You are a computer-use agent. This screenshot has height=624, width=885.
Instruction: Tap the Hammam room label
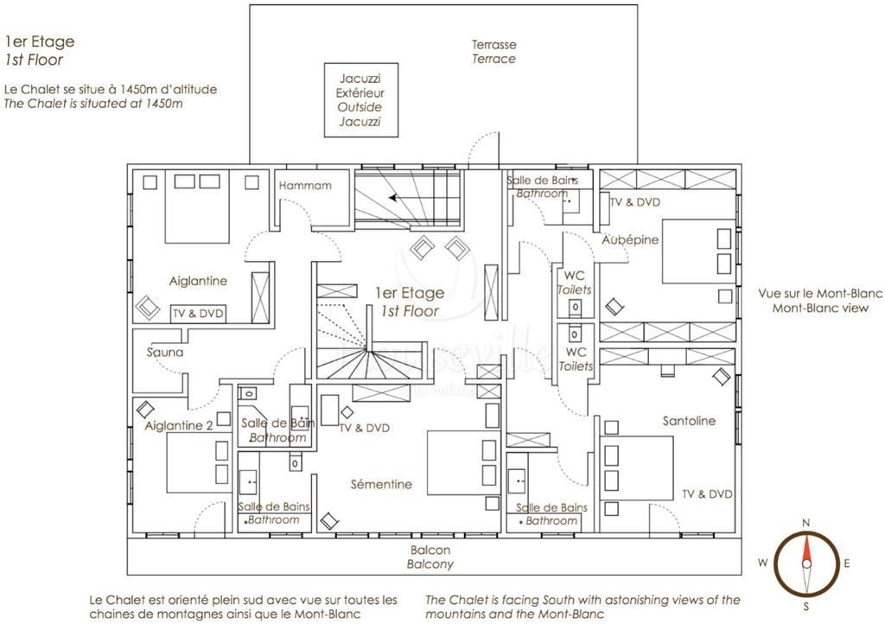[x=304, y=185]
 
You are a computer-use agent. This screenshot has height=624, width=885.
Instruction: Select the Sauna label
[x=165, y=353]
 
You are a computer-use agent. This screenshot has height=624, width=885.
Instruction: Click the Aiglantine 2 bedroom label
[x=179, y=425]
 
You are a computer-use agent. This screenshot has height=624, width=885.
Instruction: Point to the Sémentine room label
[x=381, y=484]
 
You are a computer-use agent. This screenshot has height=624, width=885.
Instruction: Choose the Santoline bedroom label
[x=689, y=421]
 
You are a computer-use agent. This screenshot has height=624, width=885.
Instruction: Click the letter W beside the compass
[x=763, y=563]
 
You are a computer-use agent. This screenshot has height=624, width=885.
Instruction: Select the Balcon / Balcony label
[x=430, y=557]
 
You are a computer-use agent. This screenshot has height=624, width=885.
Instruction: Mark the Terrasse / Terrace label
[x=493, y=51]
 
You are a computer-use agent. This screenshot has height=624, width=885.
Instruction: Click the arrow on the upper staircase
[x=394, y=197]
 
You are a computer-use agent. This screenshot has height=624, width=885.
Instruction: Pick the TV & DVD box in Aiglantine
[x=198, y=314]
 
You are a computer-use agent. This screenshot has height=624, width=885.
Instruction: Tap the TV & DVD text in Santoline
[x=707, y=494]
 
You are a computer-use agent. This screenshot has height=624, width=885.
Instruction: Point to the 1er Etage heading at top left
[x=39, y=41]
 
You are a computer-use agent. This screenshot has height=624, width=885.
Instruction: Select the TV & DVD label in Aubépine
[x=634, y=201]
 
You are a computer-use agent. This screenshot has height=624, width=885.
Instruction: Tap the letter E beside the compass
[x=847, y=564]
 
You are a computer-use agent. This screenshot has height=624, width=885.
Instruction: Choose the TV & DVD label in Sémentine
[x=364, y=428]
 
